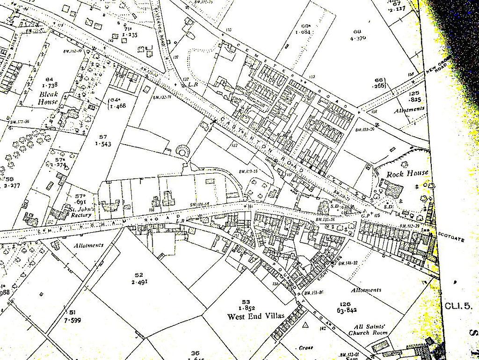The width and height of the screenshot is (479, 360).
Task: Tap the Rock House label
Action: (407, 173)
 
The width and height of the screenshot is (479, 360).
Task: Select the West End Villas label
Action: (255, 316)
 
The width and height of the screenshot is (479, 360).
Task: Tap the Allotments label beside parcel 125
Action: (409, 110)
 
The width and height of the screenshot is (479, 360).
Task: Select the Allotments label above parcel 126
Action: (366, 290)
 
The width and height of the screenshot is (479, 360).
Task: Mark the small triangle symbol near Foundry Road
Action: (305, 324)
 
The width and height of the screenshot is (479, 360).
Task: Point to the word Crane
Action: (306, 348)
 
